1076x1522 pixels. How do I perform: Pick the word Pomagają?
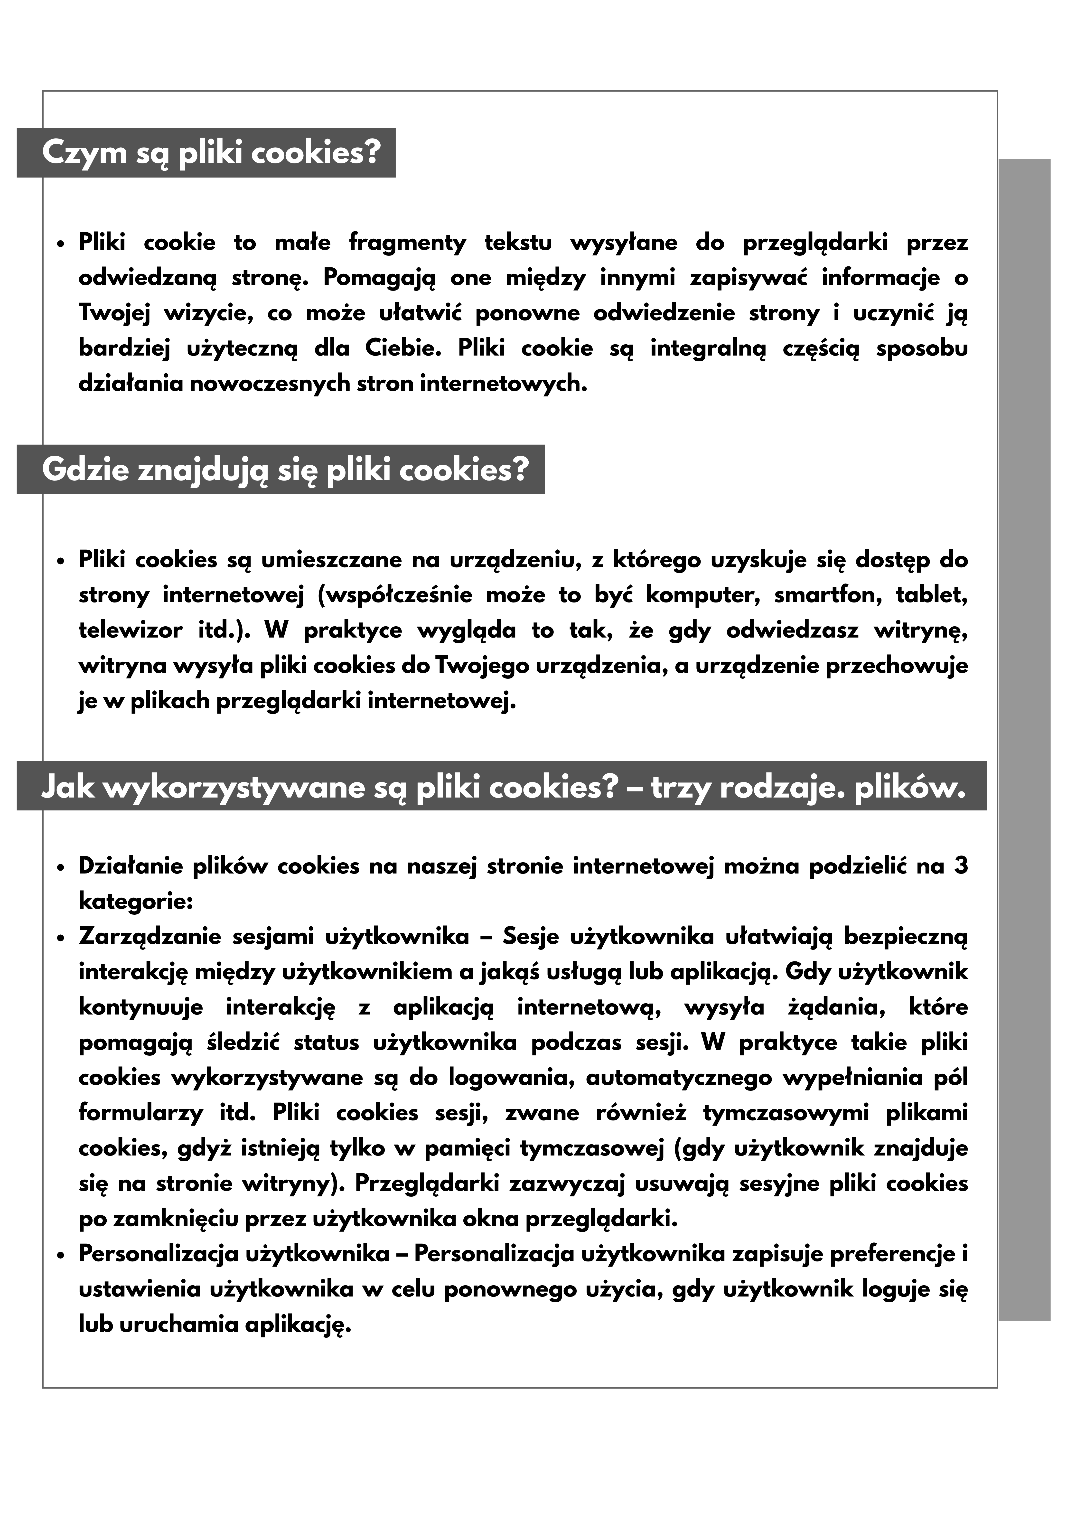pos(379,278)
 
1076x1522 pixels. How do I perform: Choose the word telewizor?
pos(130,630)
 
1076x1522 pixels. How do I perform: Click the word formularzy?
pos(140,1113)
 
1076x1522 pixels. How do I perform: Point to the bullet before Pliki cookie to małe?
pos(61,244)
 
